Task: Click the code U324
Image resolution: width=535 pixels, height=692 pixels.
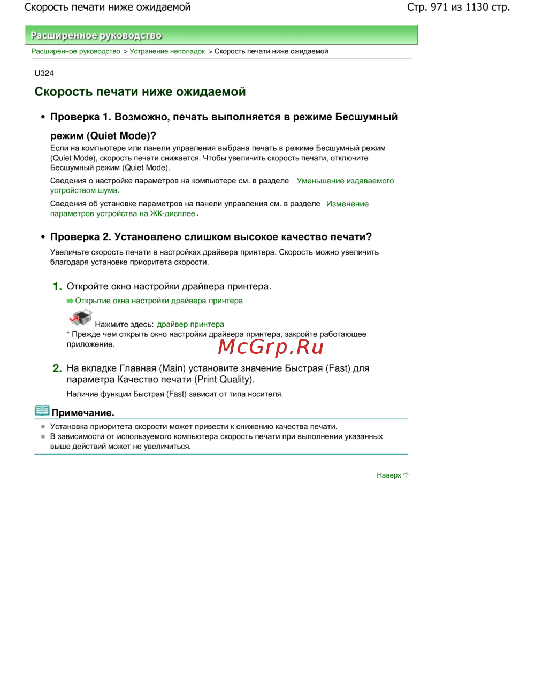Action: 44,73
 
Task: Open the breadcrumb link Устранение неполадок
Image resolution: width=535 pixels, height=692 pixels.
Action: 167,51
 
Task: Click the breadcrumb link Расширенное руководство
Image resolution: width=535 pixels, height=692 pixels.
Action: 75,51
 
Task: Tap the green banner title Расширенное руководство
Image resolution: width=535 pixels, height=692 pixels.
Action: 96,35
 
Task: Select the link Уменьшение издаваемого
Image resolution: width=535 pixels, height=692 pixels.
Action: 345,181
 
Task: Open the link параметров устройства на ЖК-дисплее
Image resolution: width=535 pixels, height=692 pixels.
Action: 123,213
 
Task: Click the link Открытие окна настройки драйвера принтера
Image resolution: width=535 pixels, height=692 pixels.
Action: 158,301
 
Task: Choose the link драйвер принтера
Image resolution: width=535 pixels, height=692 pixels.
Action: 190,324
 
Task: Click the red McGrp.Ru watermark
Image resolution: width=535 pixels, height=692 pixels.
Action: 271,347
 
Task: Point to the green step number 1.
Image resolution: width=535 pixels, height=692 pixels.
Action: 57,287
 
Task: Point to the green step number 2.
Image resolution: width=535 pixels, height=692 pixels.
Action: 57,368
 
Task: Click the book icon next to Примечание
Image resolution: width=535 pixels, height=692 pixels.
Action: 42,411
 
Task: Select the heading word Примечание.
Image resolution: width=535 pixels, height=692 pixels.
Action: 83,413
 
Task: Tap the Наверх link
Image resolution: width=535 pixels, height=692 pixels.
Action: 388,475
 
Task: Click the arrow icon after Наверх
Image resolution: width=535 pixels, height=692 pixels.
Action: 406,475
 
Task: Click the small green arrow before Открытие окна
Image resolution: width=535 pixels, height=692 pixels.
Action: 70,301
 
